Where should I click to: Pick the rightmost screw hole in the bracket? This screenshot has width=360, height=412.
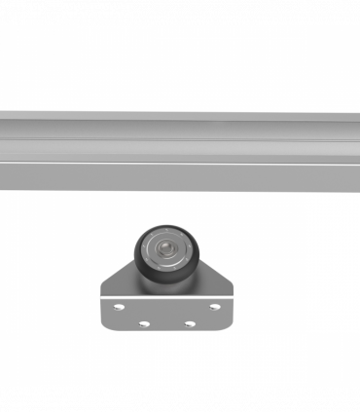pos(215,306)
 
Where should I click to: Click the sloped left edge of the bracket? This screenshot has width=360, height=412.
pos(116,277)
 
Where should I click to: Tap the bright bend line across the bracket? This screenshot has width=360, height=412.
pos(166,296)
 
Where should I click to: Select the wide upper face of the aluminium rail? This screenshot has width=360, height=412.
pos(180,131)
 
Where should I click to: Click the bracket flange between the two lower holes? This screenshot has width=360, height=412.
pos(166,321)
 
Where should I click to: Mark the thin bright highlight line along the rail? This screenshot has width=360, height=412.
pos(180,163)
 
